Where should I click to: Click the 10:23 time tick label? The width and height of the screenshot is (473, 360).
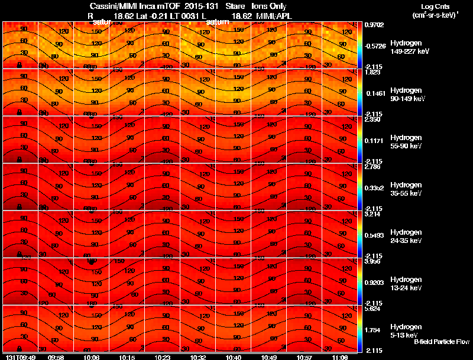[162, 357]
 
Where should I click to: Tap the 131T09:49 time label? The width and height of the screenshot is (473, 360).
[20, 357]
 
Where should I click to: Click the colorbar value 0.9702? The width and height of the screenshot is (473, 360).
[374, 25]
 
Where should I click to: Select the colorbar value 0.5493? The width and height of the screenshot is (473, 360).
[374, 235]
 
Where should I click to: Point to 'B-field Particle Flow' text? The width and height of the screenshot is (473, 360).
[441, 342]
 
